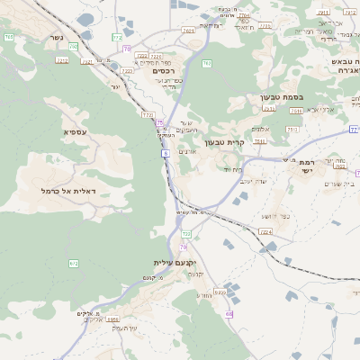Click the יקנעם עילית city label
pos(174,263)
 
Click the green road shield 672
pos(74,263)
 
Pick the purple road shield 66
pos(229,313)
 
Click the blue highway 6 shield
pos(166,155)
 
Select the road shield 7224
pos(265,232)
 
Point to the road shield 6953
pos(114,319)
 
